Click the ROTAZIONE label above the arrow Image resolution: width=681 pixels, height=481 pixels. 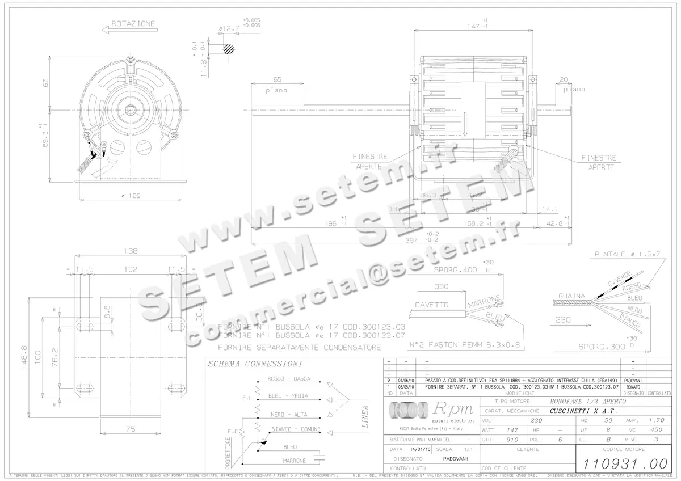coord(133,24)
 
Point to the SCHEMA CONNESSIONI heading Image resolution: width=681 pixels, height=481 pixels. coord(255,364)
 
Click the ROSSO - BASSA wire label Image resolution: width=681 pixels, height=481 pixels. coord(288,378)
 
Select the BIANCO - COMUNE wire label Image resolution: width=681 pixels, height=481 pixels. coord(296,429)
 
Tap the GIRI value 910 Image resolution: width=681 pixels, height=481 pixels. coord(512,440)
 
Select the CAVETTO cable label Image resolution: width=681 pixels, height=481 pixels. coord(431,305)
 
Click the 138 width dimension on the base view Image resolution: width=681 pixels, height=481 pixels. coord(131,251)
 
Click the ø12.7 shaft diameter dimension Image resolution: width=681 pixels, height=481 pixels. coord(229,28)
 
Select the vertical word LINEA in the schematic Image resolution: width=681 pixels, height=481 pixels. coord(364,416)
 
